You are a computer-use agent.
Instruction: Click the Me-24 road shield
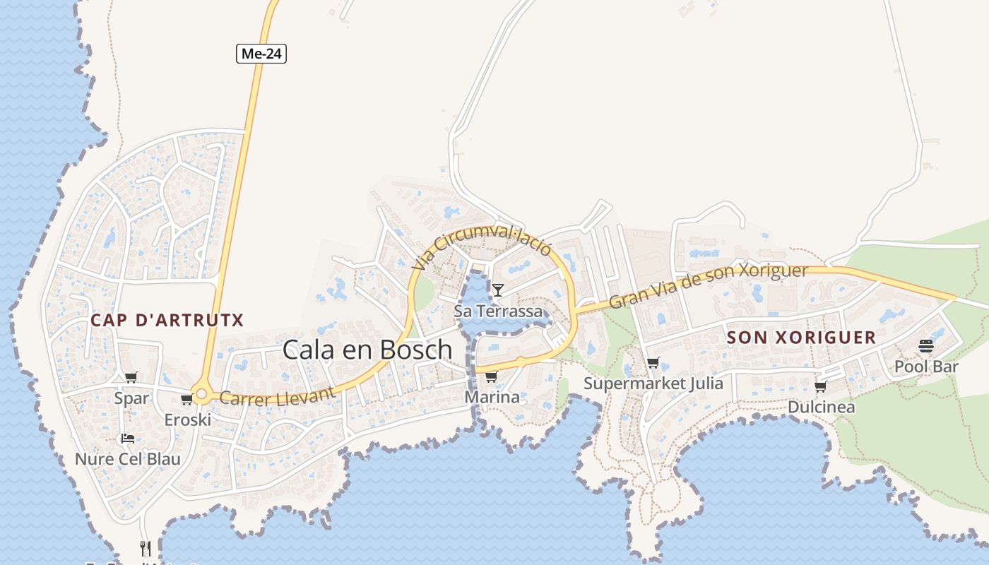[x=261, y=54]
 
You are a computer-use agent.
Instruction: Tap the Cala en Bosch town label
[x=367, y=350]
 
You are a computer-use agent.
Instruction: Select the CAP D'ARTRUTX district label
[x=167, y=321]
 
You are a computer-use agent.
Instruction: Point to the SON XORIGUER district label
[x=801, y=338]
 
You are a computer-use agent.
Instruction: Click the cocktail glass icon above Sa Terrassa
[x=498, y=290]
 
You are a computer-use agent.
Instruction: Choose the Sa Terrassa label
[x=499, y=311]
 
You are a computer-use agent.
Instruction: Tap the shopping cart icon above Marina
[x=491, y=376]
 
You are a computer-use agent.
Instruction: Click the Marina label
[x=492, y=398]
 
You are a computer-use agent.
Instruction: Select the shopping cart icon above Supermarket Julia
[x=653, y=363]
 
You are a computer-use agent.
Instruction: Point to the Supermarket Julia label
[x=653, y=383]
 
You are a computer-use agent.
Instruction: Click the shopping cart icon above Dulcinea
[x=820, y=386]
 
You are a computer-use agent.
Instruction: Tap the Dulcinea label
[x=821, y=408]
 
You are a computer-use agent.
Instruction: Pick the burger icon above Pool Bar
[x=926, y=346]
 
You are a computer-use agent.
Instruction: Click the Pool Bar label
[x=926, y=367]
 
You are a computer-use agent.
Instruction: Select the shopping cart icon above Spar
[x=131, y=378]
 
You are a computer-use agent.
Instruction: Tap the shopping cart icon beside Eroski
[x=186, y=400]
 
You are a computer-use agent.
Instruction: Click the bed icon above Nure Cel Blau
[x=127, y=439]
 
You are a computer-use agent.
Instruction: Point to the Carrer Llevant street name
[x=277, y=395]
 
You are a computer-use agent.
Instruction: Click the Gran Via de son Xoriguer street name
[x=708, y=285]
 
